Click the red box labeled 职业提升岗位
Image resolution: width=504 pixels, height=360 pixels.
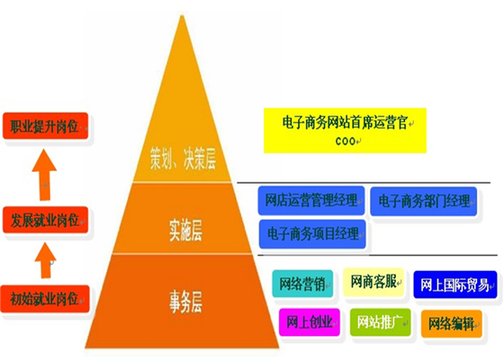click(45, 126)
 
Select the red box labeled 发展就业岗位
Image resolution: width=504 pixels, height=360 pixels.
click(45, 220)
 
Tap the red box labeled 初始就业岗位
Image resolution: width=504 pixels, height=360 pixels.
click(45, 299)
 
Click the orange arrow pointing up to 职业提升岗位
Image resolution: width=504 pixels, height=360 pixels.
click(45, 175)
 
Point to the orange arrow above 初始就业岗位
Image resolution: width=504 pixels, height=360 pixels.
click(45, 261)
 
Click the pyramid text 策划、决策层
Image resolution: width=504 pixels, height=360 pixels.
click(183, 158)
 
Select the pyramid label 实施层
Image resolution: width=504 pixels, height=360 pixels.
click(185, 230)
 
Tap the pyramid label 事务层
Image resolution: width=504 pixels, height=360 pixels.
click(185, 301)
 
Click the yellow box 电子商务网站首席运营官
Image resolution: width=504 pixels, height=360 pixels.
click(345, 130)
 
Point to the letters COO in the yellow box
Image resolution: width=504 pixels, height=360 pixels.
click(346, 141)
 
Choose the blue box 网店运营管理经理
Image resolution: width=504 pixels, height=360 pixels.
click(311, 201)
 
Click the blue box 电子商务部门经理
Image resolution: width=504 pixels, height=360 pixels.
click(423, 202)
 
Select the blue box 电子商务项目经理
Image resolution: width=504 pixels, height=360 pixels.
click(312, 234)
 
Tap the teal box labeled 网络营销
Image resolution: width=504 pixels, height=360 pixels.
click(302, 283)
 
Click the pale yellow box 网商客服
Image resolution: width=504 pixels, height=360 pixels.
click(373, 282)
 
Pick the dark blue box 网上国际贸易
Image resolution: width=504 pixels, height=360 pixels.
click(455, 284)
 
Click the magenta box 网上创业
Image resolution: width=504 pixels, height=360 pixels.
click(310, 322)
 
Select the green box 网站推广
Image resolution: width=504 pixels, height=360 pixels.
click(380, 322)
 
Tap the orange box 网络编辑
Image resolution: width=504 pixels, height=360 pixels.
click(452, 324)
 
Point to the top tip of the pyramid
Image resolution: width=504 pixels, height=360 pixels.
click(182, 15)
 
